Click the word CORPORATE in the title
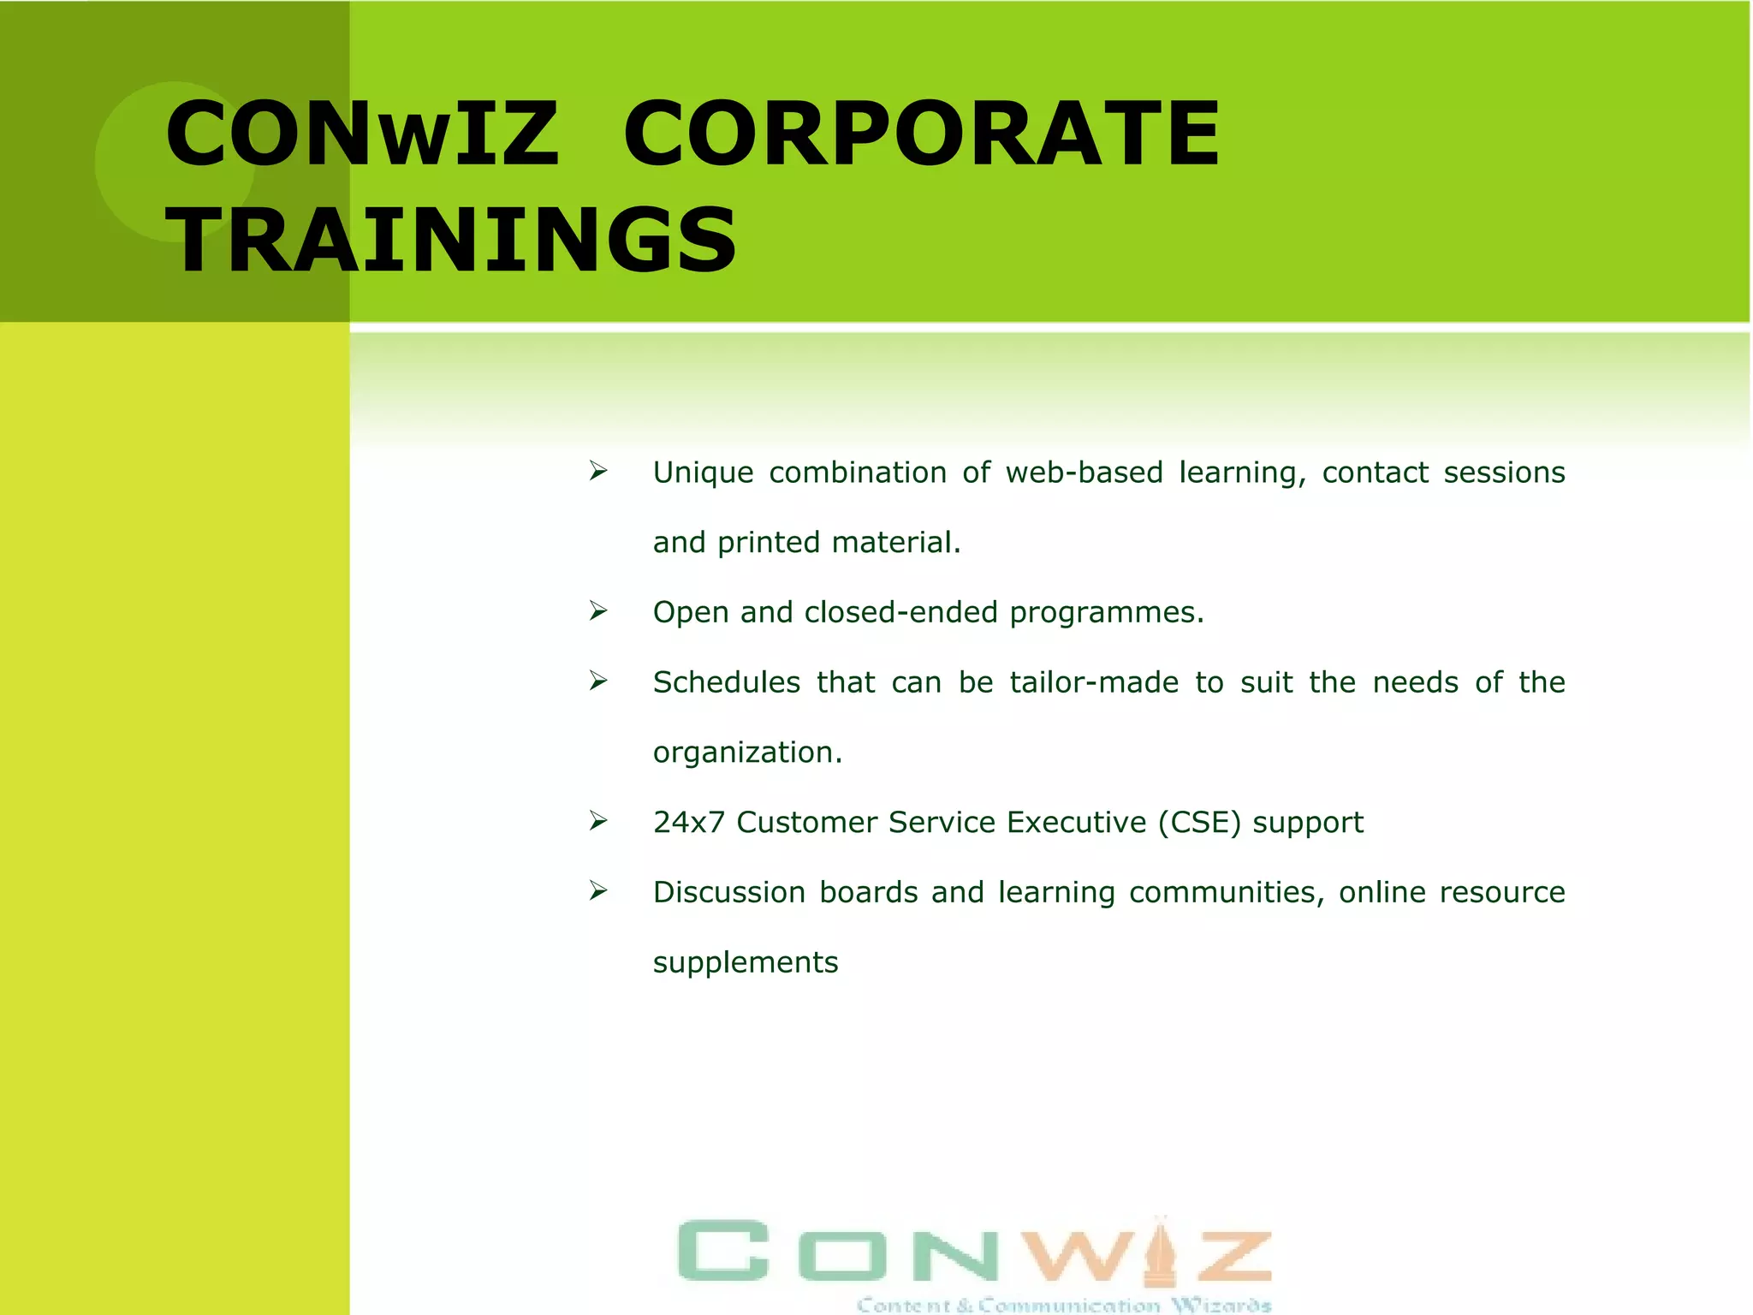[x=921, y=134]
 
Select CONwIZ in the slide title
[x=362, y=134]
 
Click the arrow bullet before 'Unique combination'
[x=598, y=471]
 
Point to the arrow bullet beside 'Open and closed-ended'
[x=598, y=611]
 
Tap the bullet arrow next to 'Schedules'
[x=598, y=681]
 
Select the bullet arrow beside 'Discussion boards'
[x=598, y=891]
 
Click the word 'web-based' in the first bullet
[x=1084, y=473]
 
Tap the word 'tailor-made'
[x=1094, y=682]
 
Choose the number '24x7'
[x=688, y=823]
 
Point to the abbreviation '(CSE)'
[x=1199, y=823]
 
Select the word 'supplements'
[x=746, y=963]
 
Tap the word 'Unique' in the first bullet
[x=703, y=473]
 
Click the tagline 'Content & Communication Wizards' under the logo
[x=1063, y=1305]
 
